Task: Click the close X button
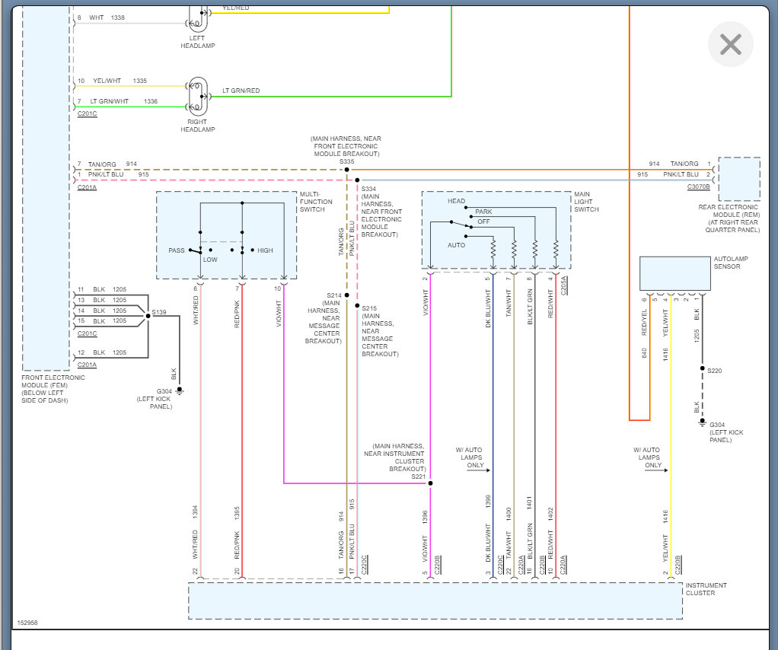point(730,44)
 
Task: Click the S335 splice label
point(347,161)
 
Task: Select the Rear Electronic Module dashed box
point(739,179)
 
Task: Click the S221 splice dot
point(430,483)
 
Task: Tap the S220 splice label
point(714,371)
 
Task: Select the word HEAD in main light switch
point(456,202)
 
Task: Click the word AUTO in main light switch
point(456,245)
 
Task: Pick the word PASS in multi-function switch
point(177,250)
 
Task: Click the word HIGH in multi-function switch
point(265,250)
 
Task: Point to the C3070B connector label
point(698,186)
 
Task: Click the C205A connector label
point(563,285)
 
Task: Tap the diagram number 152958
point(27,623)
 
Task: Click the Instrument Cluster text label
point(706,589)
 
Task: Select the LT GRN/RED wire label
point(241,91)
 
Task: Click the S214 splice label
point(334,295)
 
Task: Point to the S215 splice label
point(369,308)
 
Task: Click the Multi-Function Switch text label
point(312,202)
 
